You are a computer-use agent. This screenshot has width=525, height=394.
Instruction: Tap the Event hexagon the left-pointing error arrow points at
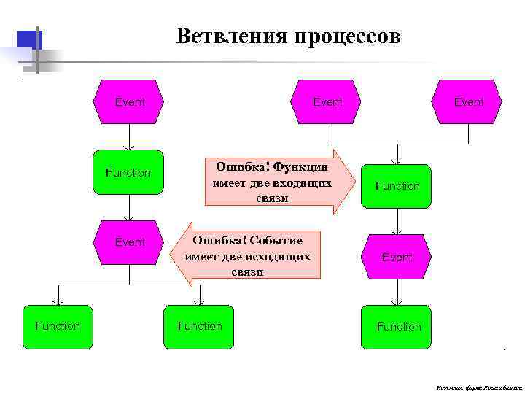click(x=130, y=242)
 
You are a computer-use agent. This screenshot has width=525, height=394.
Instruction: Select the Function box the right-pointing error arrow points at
click(x=397, y=186)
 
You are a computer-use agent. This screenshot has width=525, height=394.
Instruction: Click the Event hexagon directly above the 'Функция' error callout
click(x=327, y=102)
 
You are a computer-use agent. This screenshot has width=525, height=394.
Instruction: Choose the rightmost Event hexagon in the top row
click(x=467, y=102)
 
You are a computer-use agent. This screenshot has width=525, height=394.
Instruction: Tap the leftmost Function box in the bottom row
click(x=58, y=326)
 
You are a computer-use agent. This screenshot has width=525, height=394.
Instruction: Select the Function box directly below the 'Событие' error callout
click(x=200, y=326)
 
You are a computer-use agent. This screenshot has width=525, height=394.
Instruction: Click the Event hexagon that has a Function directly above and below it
click(x=397, y=257)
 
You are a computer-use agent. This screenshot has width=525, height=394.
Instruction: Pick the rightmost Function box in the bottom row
click(x=398, y=326)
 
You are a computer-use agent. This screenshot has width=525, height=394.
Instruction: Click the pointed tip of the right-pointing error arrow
click(x=356, y=182)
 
